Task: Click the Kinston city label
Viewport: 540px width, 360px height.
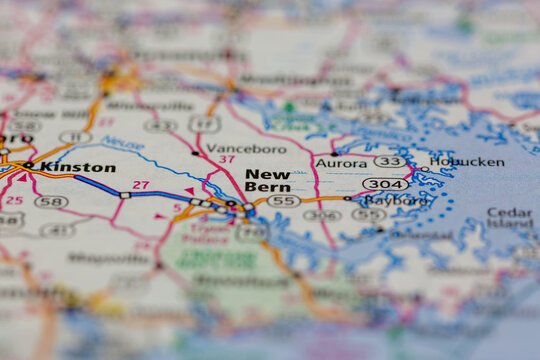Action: pos(78,167)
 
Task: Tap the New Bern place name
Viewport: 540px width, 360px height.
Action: pos(268,180)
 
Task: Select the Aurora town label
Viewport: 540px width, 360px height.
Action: pos(341,162)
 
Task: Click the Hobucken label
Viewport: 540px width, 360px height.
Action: pos(466,162)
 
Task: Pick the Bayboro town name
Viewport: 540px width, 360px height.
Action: pos(395,199)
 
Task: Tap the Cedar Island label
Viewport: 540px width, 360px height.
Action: pos(509,218)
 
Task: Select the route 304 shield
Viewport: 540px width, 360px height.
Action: pos(385,184)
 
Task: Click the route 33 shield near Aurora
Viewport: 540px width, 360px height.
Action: pos(388,161)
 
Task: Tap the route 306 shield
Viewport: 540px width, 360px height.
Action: pos(321,215)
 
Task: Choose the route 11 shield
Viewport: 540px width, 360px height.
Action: pos(75,137)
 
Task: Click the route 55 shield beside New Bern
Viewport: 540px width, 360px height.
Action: pos(284,201)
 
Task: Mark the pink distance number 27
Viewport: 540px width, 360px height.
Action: pos(141,185)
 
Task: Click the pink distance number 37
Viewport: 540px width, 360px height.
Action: pos(227,160)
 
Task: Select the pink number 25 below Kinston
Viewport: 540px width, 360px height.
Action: pos(13,200)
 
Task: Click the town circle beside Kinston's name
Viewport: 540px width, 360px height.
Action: pos(29,165)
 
